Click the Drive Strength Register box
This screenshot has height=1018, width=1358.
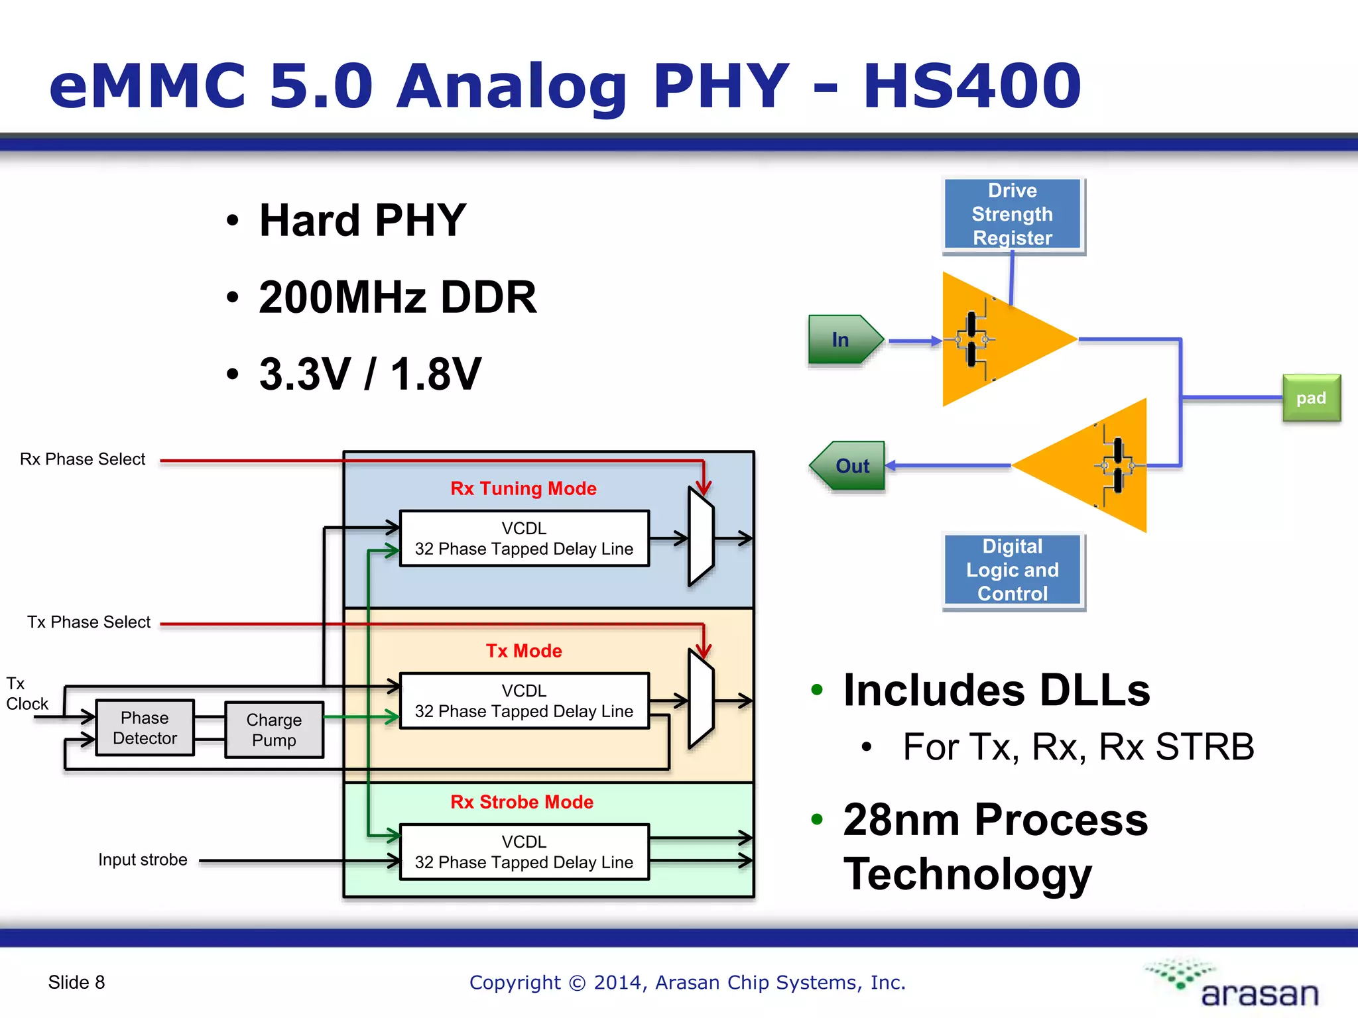[x=1013, y=214]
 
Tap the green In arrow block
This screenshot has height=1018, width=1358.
[x=843, y=340]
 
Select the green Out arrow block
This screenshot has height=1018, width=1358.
[x=849, y=466]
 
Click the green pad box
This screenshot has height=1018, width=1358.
[x=1311, y=398]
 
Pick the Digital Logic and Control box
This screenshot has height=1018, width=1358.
[x=1013, y=570]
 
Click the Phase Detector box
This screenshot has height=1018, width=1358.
[x=145, y=728]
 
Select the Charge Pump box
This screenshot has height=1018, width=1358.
[x=274, y=730]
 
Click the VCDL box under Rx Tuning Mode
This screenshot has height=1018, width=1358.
[x=524, y=538]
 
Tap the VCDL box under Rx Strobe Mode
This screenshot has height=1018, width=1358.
[x=524, y=852]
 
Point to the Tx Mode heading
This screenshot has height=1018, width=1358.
[x=523, y=651]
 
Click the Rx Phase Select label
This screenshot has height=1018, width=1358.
[x=82, y=459]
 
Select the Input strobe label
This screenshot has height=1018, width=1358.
[x=143, y=860]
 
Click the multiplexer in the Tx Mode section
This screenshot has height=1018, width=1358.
[x=700, y=700]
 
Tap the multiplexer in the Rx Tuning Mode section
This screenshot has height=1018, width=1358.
[x=700, y=537]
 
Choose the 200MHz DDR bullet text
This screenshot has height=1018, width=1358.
[x=397, y=297]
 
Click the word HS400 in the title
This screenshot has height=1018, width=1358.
[x=971, y=86]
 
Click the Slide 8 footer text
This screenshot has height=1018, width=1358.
[x=76, y=982]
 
